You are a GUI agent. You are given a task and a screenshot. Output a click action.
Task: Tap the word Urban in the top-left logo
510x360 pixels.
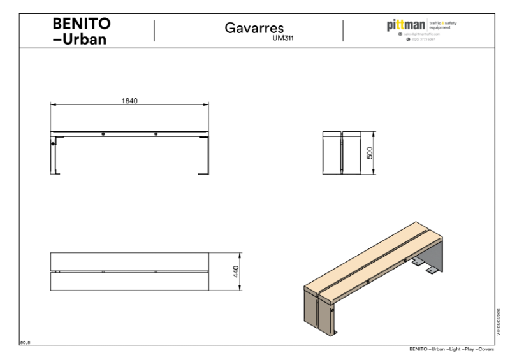[x=87, y=40]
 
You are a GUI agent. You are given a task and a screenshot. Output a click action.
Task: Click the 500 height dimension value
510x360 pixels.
[x=369, y=152]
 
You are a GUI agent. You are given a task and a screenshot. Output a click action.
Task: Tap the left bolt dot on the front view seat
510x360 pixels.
[x=103, y=134]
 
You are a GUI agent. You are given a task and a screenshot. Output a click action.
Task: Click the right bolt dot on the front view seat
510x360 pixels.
[x=156, y=134]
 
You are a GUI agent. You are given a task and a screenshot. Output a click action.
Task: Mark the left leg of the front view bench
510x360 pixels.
[x=55, y=155]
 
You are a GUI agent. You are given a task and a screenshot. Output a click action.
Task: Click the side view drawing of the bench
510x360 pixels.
[x=342, y=152]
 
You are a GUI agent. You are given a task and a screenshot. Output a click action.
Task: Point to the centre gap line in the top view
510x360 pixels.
[x=130, y=272]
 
